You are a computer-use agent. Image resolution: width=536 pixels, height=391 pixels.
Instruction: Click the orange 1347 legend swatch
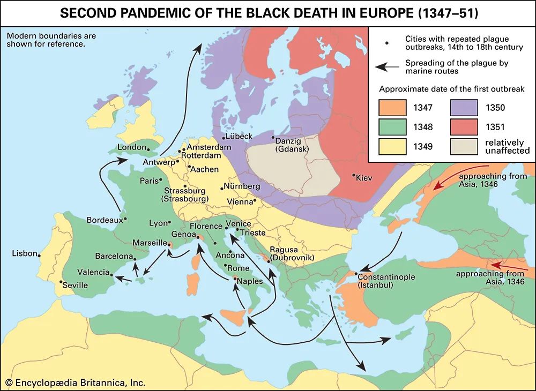tap(393, 107)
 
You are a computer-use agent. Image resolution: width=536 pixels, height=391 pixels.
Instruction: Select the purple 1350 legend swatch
tap(464, 107)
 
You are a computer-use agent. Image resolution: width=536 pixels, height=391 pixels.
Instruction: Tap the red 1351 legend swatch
tap(464, 127)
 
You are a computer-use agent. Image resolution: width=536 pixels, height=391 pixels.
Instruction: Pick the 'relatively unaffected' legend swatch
tap(464, 147)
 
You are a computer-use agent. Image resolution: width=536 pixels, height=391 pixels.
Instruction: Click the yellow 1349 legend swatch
tap(393, 147)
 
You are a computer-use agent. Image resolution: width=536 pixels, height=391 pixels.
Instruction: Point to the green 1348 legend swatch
tap(393, 127)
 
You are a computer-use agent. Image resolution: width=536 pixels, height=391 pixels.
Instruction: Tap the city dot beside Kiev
tap(354, 175)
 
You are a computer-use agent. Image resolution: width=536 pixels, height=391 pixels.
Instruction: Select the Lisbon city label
tap(25, 253)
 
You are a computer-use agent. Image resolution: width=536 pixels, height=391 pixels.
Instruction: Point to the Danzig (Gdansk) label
tap(293, 145)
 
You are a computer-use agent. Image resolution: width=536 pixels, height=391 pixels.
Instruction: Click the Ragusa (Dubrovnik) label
tap(289, 253)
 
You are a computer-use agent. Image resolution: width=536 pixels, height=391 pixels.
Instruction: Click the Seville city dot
tap(62, 282)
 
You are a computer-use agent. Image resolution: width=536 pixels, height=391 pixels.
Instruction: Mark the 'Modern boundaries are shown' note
tap(43, 40)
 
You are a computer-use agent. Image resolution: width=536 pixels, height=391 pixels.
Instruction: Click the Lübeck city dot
tap(224, 138)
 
